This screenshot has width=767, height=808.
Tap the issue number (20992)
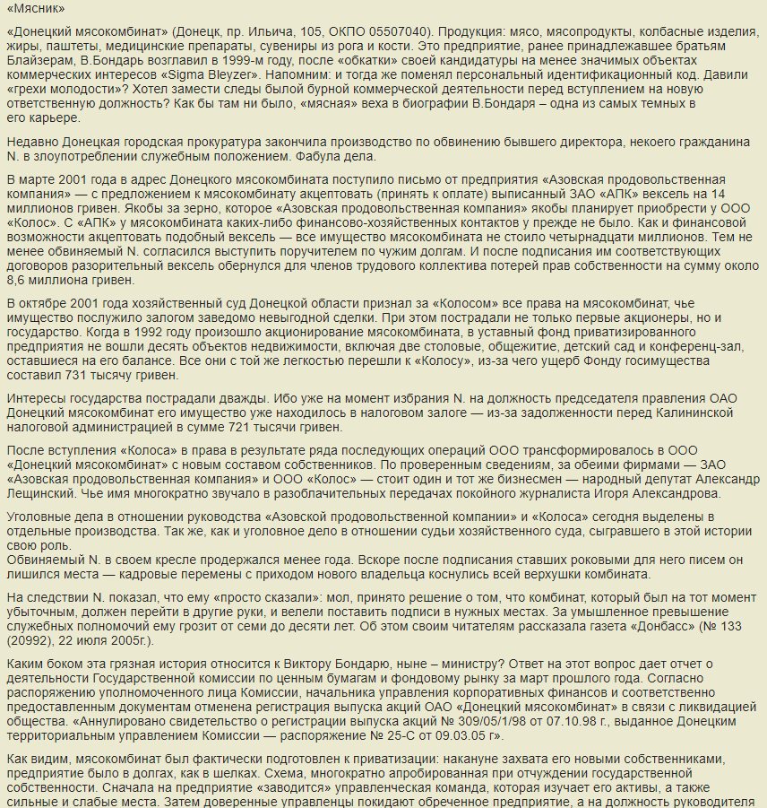(29, 641)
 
